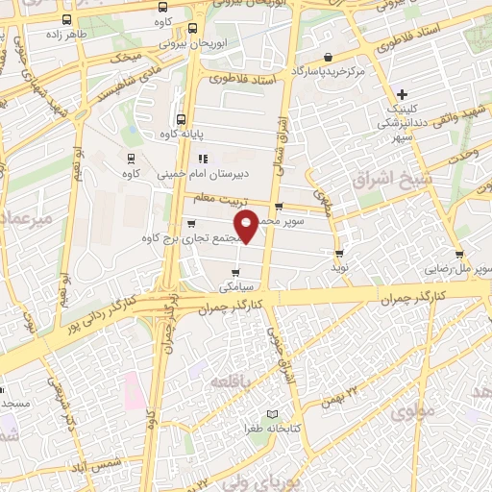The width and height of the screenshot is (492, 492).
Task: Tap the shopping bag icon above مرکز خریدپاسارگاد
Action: pos(329,57)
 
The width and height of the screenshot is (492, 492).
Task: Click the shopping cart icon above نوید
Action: pos(339,254)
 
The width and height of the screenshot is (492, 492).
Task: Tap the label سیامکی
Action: pos(235,286)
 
